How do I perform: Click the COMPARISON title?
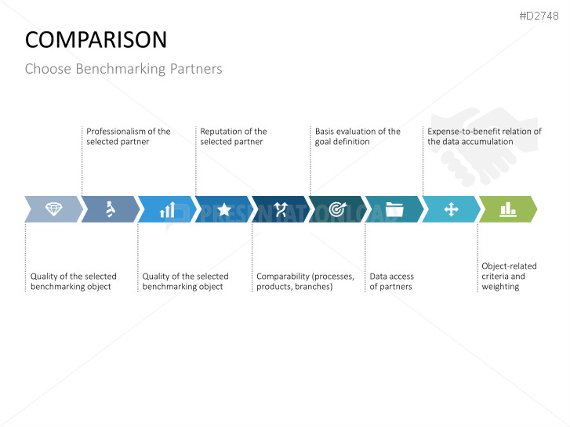point(96,40)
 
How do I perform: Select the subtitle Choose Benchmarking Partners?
point(123,69)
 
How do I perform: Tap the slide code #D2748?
point(539,16)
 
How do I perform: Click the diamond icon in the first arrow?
point(54,209)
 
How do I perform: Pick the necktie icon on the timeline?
point(111,209)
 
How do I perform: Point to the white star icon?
point(224,209)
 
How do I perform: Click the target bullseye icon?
point(338,209)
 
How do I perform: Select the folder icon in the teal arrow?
point(394,209)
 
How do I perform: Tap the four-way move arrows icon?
point(451,209)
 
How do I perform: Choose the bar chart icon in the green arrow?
point(508,209)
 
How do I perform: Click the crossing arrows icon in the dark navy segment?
point(281,209)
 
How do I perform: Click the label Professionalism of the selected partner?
point(129,136)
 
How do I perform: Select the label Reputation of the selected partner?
point(234,136)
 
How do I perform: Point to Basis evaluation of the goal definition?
point(358,136)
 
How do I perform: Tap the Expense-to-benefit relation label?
point(485,136)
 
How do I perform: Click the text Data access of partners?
point(391,281)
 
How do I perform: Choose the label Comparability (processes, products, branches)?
point(305,281)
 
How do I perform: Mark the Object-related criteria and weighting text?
point(509,277)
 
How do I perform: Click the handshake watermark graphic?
point(485,147)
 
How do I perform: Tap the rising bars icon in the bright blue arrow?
point(168,209)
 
